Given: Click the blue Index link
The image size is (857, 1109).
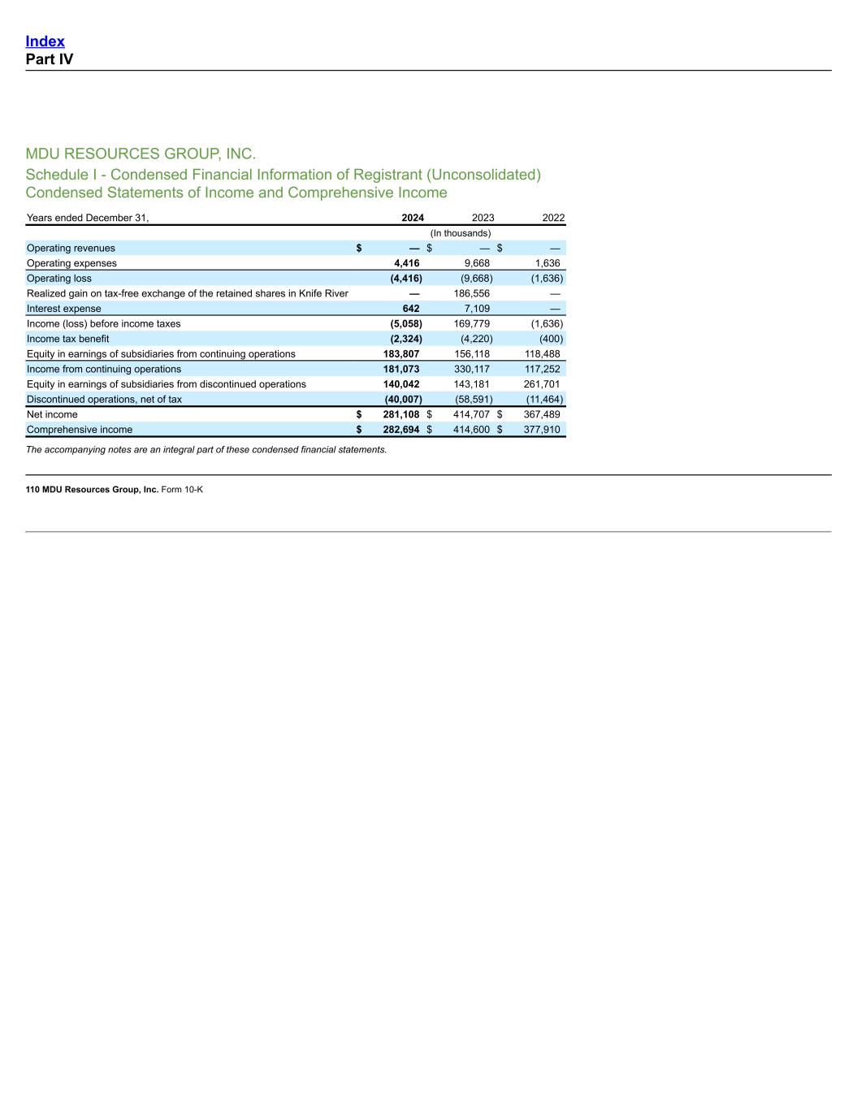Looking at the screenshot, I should click(x=45, y=41).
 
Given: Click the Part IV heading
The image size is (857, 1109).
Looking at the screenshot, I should click(x=49, y=59).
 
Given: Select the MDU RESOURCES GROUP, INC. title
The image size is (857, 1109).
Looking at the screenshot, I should click(x=141, y=154).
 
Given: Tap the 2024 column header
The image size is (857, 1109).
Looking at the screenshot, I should click(x=412, y=218).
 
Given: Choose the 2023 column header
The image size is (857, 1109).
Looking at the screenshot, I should click(x=483, y=218).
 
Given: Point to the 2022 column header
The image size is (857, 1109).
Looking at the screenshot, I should click(x=553, y=218).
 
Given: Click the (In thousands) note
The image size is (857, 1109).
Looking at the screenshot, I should click(x=460, y=233).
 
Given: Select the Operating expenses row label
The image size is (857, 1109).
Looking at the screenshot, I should click(x=71, y=263).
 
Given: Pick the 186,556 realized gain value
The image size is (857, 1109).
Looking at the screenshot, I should click(x=471, y=293).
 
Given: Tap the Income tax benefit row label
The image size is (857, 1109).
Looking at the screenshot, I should click(x=67, y=339).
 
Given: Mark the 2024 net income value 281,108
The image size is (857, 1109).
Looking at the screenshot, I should click(x=401, y=414).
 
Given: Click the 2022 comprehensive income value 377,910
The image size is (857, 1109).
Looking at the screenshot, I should click(x=542, y=430).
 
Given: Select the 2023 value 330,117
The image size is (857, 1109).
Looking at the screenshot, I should click(x=471, y=369).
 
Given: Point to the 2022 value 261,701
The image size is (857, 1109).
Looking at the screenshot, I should click(x=542, y=384).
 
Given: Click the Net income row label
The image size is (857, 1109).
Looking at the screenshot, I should click(x=52, y=414).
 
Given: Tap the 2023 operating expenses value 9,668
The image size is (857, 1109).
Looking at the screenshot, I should click(x=476, y=263).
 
